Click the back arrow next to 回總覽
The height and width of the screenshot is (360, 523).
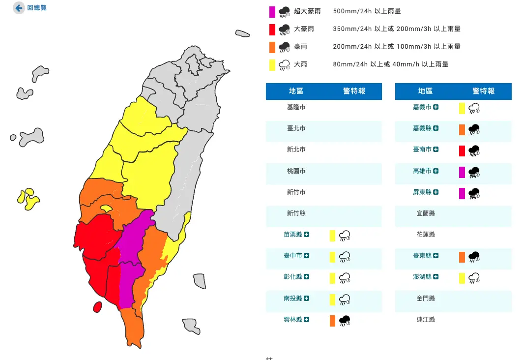tap(19, 8)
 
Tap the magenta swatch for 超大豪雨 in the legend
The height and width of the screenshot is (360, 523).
tap(272, 11)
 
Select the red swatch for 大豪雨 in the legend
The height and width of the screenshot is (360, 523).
tap(272, 29)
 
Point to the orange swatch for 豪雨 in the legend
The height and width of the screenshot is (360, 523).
tap(272, 47)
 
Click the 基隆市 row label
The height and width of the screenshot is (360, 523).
tap(296, 107)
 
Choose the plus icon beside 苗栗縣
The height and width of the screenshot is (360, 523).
tap(306, 235)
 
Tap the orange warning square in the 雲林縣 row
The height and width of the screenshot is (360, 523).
tap(333, 321)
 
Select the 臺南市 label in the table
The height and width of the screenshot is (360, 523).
tap(422, 150)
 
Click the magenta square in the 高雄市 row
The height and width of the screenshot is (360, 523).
tap(462, 172)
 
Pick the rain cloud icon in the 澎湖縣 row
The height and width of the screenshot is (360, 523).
tap(474, 278)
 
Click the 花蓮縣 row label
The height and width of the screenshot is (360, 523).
tap(425, 235)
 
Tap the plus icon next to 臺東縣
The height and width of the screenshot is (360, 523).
tap(436, 256)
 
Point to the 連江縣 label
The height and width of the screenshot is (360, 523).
tap(425, 320)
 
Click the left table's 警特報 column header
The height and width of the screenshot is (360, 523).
tap(354, 91)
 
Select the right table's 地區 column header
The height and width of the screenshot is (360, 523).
tap(425, 91)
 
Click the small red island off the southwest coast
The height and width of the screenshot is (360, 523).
tap(97, 307)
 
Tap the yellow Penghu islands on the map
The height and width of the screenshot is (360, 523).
tap(28, 198)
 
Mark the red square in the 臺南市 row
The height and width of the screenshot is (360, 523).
tap(462, 150)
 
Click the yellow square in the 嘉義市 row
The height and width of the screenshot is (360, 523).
tap(462, 108)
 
